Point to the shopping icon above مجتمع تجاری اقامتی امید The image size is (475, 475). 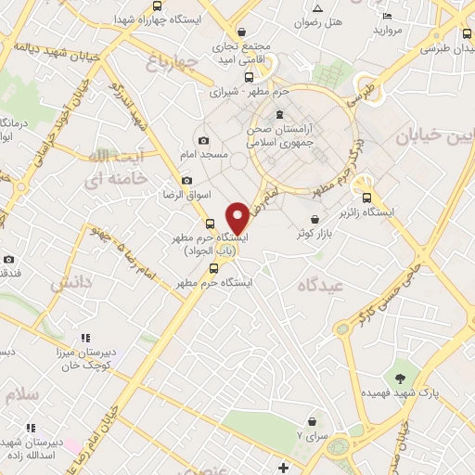coord(242,32)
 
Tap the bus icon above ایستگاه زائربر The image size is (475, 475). coord(366,197)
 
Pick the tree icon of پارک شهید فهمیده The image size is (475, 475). coord(400,378)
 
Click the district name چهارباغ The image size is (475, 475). coord(173,62)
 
